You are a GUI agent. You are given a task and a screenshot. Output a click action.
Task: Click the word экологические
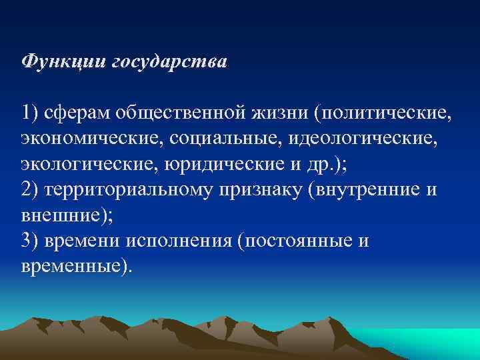pos(84,165)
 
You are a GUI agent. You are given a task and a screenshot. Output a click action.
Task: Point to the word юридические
pos(214,165)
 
